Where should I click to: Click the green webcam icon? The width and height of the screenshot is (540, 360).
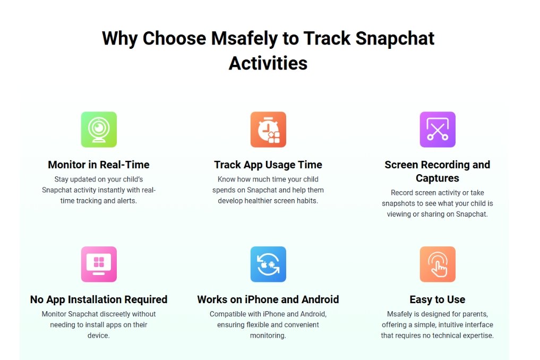99,130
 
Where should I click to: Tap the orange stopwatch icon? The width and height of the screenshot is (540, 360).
268,130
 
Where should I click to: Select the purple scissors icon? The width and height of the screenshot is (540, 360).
438,130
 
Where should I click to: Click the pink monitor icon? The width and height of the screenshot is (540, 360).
99,264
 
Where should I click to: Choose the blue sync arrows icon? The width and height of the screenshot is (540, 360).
268,264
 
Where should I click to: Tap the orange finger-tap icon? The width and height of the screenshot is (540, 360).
438,264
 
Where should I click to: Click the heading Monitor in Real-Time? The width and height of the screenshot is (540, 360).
98,165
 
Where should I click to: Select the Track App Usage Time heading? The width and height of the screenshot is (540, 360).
268,165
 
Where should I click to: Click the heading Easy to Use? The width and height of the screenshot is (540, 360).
438,299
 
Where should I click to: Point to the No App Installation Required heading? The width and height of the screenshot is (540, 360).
98,299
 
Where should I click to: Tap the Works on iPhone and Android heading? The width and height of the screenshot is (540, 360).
268,299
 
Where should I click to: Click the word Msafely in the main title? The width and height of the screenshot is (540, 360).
244,39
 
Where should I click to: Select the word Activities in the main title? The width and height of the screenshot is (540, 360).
268,63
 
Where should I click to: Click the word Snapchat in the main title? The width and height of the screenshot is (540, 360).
395,39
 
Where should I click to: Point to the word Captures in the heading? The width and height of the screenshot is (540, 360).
438,178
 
